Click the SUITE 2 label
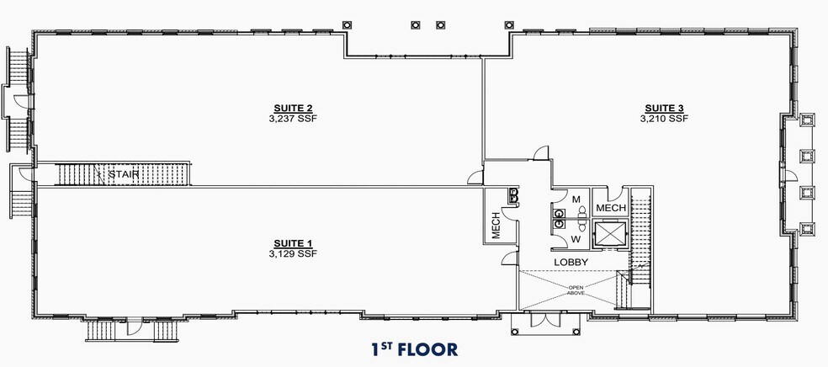(293, 108)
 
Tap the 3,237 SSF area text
(293, 119)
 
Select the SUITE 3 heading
(664, 108)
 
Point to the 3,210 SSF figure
(664, 119)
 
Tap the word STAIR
(123, 174)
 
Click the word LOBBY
(570, 263)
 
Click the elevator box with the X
(608, 234)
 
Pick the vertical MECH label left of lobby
(496, 226)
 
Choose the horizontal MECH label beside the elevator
(609, 207)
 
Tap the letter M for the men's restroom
(577, 200)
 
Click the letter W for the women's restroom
(576, 240)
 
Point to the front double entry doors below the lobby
(546, 323)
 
